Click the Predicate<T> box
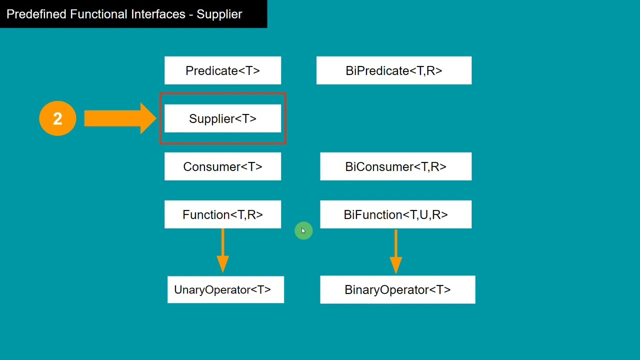coord(222,70)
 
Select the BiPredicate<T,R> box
coord(393,70)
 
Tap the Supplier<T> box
coord(222,118)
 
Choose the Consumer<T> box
coord(222,166)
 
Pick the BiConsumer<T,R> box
coord(395,166)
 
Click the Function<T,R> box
coord(222,214)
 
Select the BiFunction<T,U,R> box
coord(395,214)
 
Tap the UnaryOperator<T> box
coord(225,289)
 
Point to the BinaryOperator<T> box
coord(397,289)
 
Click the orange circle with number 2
coord(57,118)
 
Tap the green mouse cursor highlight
coord(303,231)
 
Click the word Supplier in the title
coord(219,14)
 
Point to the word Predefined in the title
coord(36,14)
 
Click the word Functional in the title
coord(98,14)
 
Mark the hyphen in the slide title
coord(191,14)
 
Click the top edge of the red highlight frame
coord(222,94)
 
